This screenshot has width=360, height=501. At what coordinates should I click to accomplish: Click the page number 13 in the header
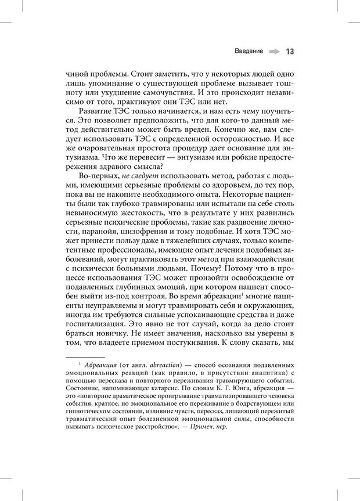tap(290, 51)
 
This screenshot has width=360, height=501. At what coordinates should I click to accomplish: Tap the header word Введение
tap(249, 51)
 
